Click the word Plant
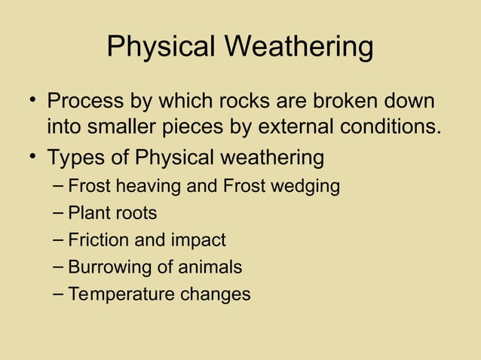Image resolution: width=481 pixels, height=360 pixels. [x=87, y=213]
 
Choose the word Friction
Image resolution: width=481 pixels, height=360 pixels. [x=98, y=240]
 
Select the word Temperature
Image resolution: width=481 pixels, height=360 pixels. [x=121, y=294]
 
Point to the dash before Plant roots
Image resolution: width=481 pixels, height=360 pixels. [x=59, y=213]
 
